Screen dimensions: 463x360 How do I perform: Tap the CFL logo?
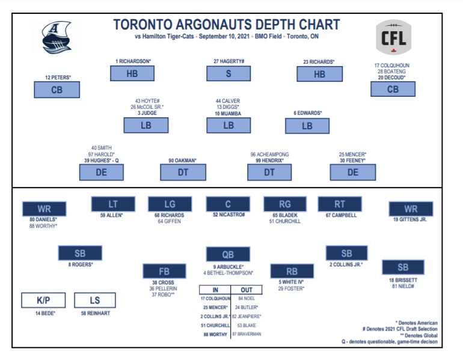[394, 38]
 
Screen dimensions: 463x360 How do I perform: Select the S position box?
[228, 74]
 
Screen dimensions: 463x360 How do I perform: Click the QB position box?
[228, 254]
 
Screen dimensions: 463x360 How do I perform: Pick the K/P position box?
[43, 300]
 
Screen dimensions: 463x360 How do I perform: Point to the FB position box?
[164, 271]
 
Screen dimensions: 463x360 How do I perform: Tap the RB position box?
[292, 271]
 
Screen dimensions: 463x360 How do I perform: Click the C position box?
[228, 204]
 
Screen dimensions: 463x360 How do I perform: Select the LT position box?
[113, 204]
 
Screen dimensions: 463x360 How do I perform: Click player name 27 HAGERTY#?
[228, 61]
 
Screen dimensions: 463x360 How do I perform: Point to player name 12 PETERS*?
[58, 78]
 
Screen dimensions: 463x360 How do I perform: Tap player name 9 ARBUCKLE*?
[228, 266]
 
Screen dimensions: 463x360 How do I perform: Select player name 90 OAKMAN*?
[182, 160]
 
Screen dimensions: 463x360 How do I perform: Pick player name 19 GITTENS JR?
[410, 220]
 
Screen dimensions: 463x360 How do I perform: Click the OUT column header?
[246, 290]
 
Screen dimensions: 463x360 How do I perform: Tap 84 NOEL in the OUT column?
[247, 299]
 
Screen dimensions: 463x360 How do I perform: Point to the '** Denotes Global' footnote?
[416, 335]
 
